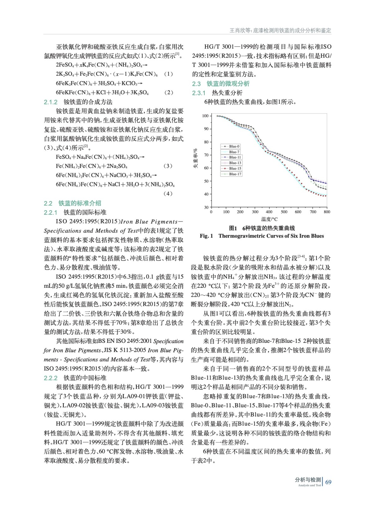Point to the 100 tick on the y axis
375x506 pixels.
click(205, 116)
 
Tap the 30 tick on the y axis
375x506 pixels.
click(206, 207)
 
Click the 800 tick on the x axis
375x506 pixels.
click(327, 212)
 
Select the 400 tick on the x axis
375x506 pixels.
click(269, 212)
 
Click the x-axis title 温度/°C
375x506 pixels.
click(269, 219)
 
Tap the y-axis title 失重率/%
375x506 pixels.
click(196, 158)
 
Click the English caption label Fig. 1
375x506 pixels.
click(206, 236)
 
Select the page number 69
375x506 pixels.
click(328, 482)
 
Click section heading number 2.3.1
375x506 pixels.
click(199, 93)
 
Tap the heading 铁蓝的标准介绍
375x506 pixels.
click(80, 203)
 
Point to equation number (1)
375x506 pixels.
click(168, 74)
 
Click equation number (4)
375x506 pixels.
click(168, 194)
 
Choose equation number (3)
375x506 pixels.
click(168, 166)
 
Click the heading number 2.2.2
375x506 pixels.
click(51, 378)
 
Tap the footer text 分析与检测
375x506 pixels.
click(308, 479)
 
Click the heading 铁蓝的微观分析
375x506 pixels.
click(228, 84)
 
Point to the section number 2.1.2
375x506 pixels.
click(51, 102)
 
